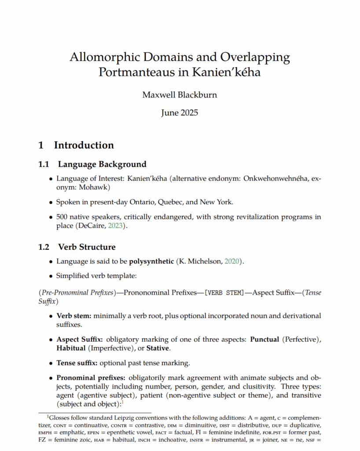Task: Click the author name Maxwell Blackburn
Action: tap(180, 95)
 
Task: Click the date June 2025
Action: tap(180, 112)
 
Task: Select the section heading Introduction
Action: tap(84, 145)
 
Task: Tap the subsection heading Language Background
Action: tap(102, 164)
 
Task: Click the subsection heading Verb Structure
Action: tap(87, 247)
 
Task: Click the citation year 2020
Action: tap(232, 262)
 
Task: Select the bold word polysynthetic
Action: tap(151, 262)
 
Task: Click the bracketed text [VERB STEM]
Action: tap(224, 293)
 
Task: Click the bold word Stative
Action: tap(159, 348)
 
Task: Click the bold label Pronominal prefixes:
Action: tap(91, 378)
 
